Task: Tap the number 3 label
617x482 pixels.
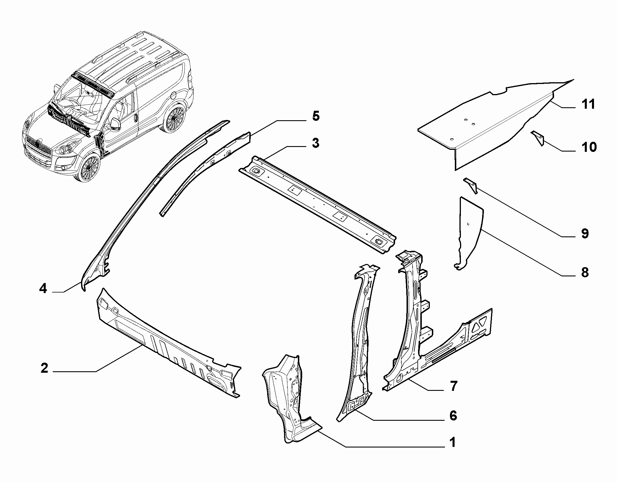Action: (x=315, y=143)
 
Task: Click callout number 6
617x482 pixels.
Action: (x=453, y=416)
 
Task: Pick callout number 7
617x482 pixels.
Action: (x=453, y=386)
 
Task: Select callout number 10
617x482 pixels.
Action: (x=589, y=147)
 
